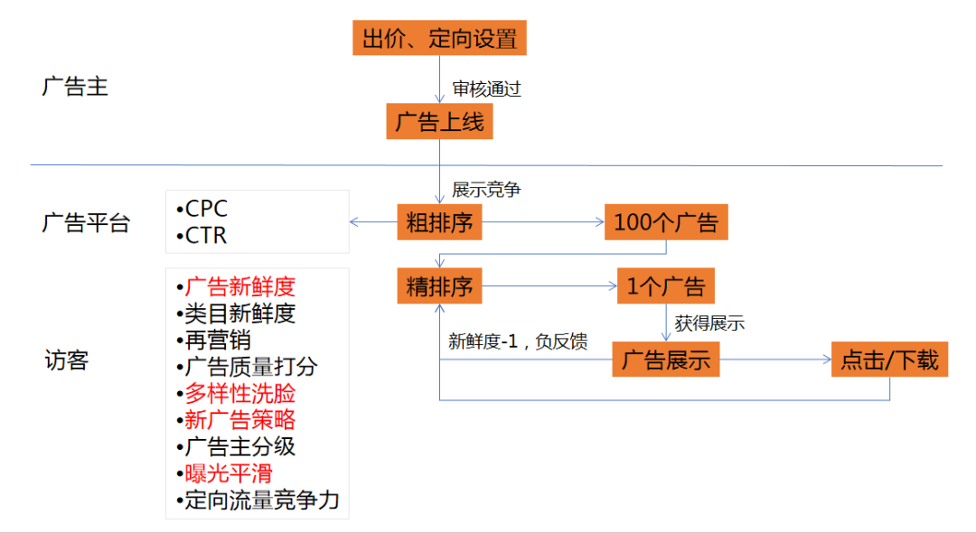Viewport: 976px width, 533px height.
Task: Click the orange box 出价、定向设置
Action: pos(439,39)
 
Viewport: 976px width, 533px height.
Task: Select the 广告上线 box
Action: pos(439,122)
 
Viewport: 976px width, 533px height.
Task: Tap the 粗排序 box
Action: pos(439,222)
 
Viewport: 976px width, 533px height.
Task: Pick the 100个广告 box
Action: pos(666,222)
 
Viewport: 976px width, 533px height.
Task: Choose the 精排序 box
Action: pos(439,287)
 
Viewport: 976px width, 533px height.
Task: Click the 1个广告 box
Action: pos(666,287)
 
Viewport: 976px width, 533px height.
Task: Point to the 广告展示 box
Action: pos(666,360)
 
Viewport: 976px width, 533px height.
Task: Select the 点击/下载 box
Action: pos(889,360)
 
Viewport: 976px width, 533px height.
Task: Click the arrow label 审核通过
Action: pos(486,89)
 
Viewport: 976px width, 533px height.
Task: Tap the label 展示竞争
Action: pos(486,191)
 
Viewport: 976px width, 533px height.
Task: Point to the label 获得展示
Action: pos(709,323)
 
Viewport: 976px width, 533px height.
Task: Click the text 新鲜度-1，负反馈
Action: pos(518,341)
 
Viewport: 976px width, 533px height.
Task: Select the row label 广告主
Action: pos(75,88)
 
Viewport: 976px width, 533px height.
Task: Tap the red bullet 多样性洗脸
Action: pos(239,394)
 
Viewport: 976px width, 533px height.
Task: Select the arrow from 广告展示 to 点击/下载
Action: pos(774,360)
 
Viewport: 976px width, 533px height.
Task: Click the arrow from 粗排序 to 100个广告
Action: pos(542,222)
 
